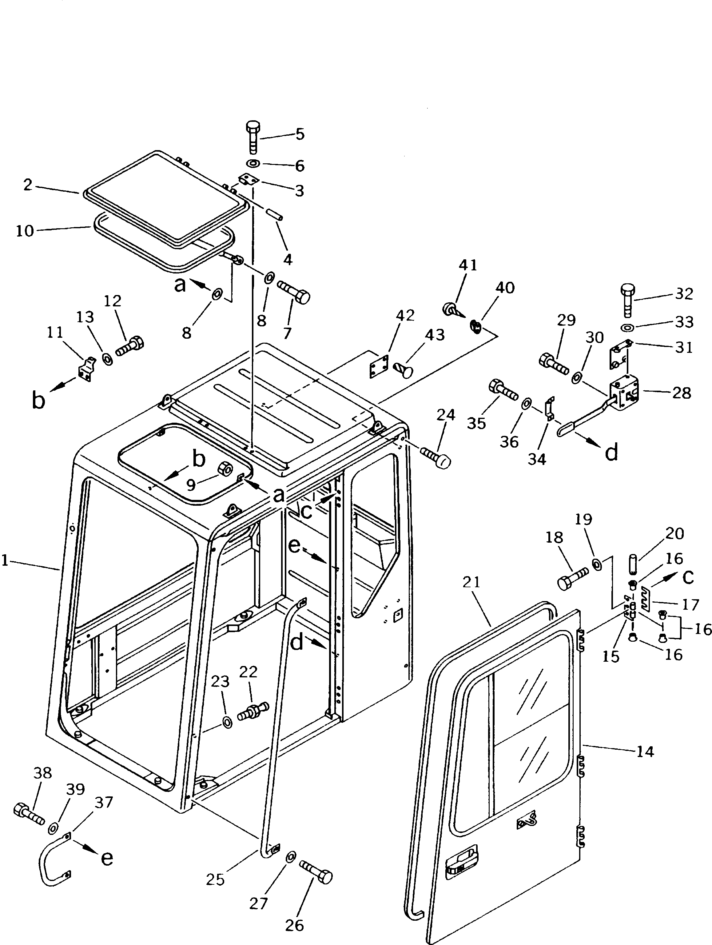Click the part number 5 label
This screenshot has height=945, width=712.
[x=300, y=134]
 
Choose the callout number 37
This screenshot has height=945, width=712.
[x=103, y=803]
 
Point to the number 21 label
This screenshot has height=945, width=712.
[x=471, y=582]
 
